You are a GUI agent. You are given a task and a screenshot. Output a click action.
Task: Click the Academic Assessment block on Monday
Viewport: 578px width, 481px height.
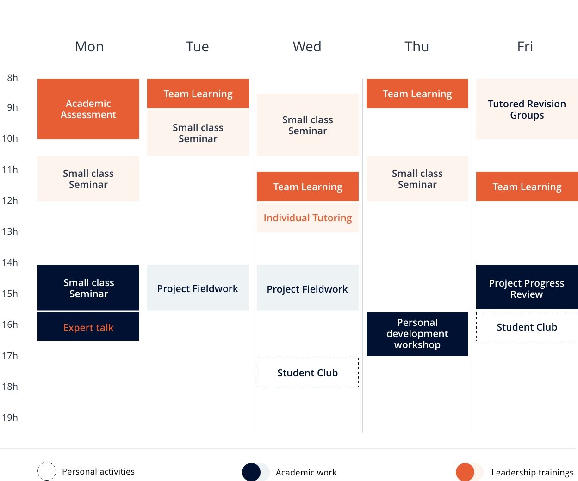coord(88,109)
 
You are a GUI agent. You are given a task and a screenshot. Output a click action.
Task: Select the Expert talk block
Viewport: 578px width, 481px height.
coord(88,326)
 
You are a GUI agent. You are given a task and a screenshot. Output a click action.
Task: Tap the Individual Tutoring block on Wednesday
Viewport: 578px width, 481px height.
coord(308,218)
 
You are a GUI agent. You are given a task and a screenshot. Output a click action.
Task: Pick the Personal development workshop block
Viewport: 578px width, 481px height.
coord(417,334)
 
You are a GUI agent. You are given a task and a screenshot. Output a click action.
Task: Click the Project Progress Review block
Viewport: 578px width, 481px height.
coord(527,287)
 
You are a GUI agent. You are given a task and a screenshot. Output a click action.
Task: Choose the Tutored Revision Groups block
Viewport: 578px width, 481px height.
coord(527,109)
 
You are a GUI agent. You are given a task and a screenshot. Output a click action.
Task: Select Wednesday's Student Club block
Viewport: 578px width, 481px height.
coord(308,373)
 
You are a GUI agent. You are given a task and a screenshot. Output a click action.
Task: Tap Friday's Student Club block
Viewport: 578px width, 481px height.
coord(527,327)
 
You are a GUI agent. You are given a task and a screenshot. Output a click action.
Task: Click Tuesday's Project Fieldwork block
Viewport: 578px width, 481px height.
coord(198,287)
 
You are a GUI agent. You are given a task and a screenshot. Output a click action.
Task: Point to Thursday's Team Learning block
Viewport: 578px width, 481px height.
coord(417,94)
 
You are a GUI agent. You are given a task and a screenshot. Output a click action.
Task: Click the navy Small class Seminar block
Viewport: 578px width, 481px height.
coord(88,287)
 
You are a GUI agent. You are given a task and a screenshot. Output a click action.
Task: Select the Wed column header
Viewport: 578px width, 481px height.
coord(307,46)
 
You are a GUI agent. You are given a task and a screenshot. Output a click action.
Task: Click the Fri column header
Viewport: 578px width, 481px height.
coord(525,46)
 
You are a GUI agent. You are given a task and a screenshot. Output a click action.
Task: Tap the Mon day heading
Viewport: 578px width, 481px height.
coord(89,46)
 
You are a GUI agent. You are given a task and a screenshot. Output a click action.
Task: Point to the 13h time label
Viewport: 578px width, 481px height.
coord(10,231)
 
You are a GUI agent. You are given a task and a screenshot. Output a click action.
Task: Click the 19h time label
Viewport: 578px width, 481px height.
coord(10,417)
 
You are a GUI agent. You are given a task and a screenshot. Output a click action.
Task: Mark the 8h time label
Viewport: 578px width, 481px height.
coord(12,78)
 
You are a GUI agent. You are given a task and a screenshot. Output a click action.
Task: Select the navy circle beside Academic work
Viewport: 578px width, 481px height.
coord(251,472)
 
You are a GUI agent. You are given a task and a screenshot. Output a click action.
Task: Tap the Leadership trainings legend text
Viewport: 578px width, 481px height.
coord(532,472)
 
